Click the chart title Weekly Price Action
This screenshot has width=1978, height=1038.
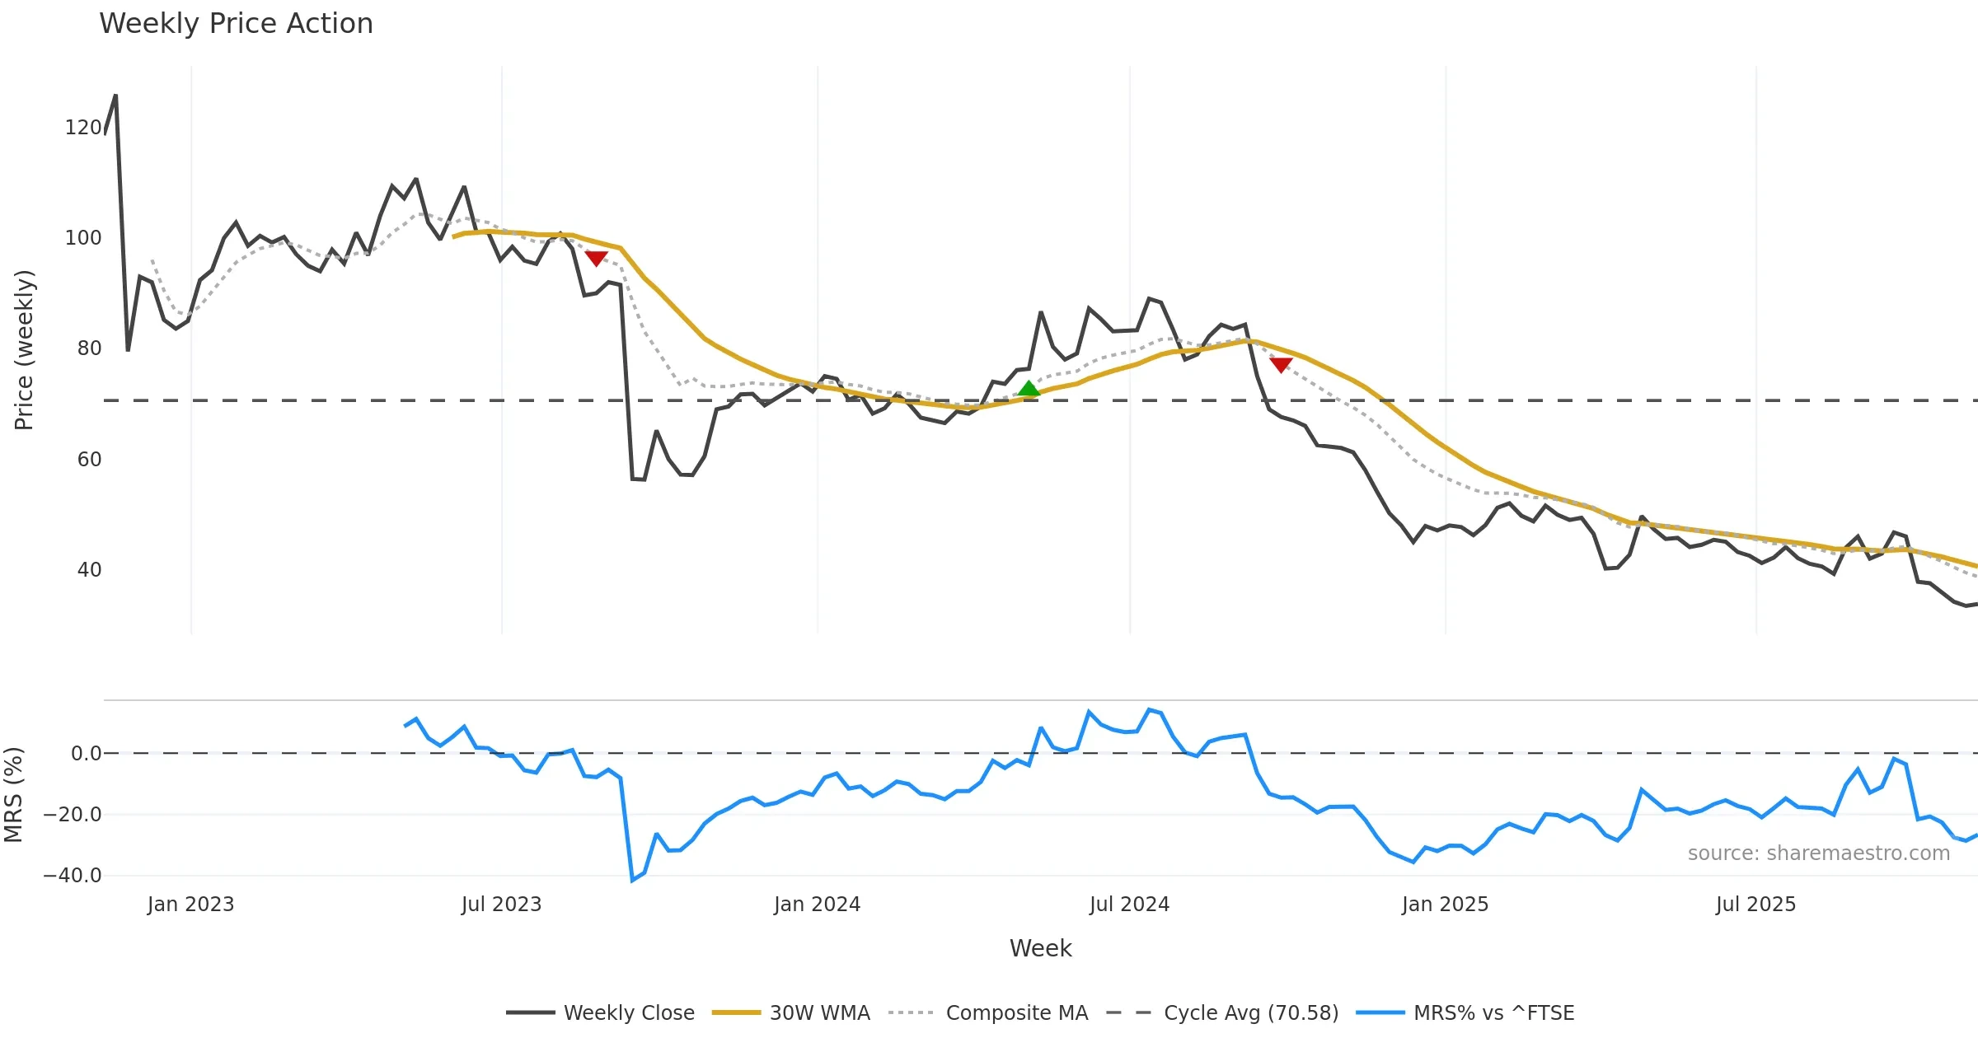(236, 24)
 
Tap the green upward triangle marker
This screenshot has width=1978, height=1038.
(1029, 389)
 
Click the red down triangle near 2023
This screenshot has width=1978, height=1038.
(596, 259)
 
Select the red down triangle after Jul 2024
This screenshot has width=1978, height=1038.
(1281, 365)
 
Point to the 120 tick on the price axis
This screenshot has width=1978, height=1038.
(83, 128)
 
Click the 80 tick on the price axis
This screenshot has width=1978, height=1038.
(89, 348)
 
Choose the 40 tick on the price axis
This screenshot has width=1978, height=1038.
(89, 570)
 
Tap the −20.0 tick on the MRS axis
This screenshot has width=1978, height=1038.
(73, 815)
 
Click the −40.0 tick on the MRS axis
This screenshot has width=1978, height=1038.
(73, 876)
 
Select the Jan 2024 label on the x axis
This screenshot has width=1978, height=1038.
(817, 905)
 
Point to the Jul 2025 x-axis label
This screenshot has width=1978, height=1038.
(1755, 905)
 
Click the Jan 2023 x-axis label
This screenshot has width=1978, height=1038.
(191, 905)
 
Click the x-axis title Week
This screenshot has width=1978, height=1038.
(1040, 949)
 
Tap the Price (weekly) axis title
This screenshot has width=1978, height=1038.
(25, 350)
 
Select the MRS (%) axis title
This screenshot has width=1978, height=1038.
(14, 795)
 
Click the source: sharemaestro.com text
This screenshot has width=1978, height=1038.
(1818, 853)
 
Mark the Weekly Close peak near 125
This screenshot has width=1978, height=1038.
(115, 96)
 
